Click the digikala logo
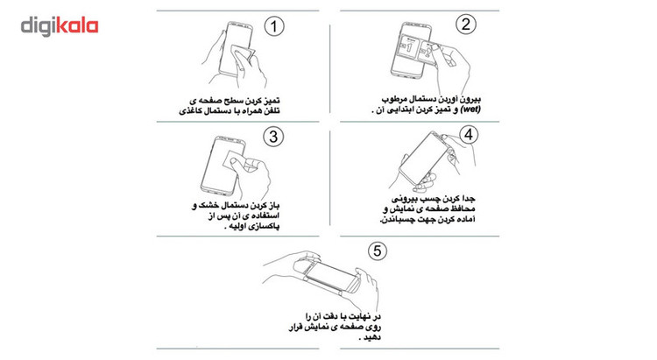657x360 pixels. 60,26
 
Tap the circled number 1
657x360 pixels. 274,27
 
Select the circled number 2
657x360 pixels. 465,25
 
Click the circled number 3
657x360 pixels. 273,137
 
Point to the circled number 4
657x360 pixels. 469,135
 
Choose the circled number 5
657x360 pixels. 377,251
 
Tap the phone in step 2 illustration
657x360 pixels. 411,50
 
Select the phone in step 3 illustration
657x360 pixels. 223,166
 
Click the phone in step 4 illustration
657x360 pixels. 424,159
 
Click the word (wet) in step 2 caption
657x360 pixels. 470,109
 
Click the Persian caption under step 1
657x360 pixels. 230,106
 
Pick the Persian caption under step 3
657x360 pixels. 236,215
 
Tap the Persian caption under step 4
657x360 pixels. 428,208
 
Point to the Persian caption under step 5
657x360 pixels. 335,327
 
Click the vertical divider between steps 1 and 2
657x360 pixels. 329,68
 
